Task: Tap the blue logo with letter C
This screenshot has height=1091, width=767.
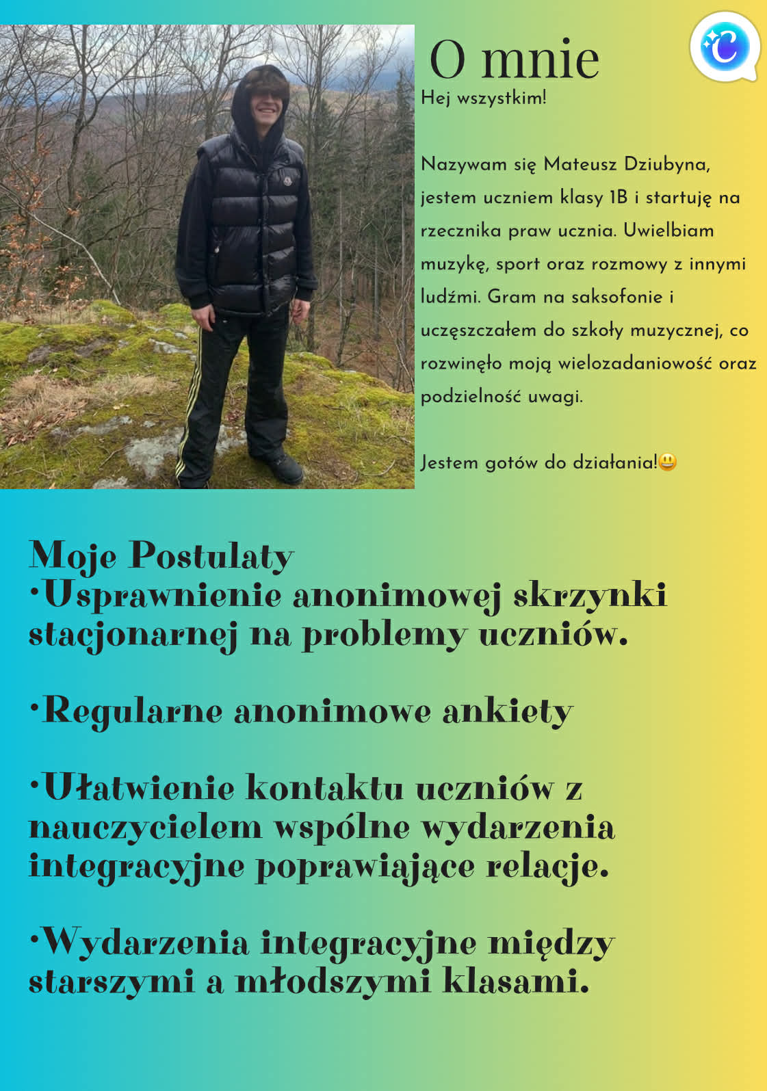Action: (x=725, y=47)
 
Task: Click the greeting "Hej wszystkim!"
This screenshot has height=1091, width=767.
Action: (x=484, y=98)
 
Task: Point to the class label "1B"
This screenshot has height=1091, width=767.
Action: (x=619, y=198)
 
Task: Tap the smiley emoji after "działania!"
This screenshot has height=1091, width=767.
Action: (x=668, y=462)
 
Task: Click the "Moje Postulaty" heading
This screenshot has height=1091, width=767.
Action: (x=161, y=555)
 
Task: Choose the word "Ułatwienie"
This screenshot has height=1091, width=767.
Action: (x=140, y=787)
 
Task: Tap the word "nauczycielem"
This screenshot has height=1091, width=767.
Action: (x=146, y=827)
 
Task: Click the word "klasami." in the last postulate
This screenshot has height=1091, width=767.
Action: (x=516, y=982)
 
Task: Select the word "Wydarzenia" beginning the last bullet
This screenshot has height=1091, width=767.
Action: (x=146, y=943)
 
